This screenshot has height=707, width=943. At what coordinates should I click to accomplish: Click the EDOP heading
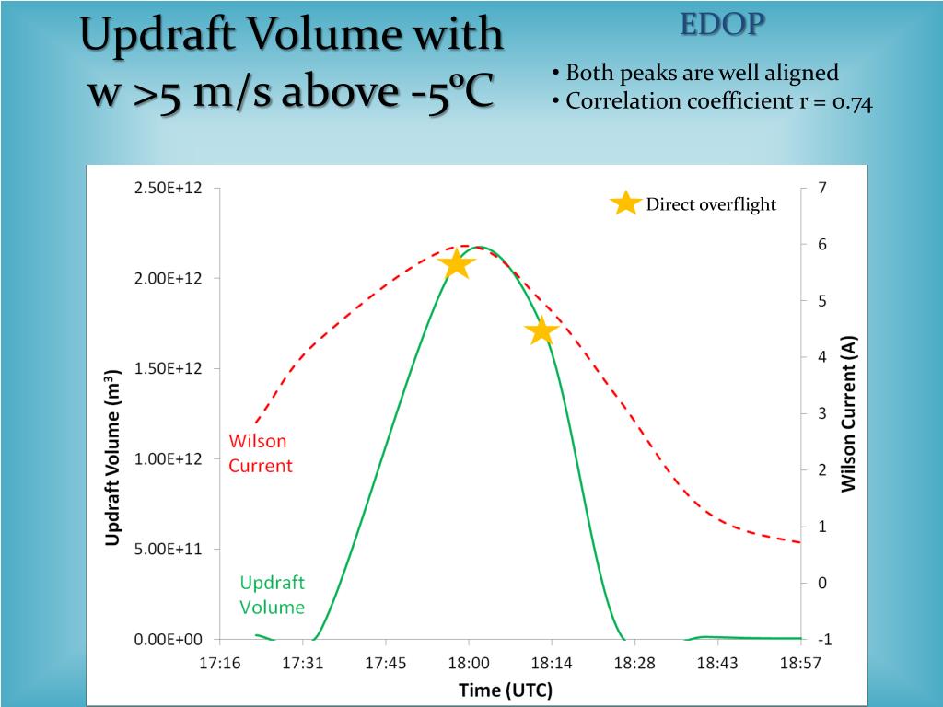click(x=722, y=25)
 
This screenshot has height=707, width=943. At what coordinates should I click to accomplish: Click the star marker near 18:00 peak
click(x=457, y=264)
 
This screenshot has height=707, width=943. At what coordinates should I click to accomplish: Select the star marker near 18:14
click(x=541, y=331)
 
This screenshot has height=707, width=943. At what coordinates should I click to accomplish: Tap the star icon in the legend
click(x=626, y=203)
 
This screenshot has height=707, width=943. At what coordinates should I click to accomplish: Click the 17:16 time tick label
click(x=219, y=663)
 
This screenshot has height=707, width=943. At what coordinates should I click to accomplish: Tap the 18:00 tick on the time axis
click(x=469, y=663)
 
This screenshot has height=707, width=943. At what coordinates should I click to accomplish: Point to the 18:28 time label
click(x=634, y=663)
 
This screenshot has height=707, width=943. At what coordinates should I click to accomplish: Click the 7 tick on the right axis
click(x=822, y=188)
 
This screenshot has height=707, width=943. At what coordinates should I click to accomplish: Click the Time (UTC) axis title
click(x=506, y=690)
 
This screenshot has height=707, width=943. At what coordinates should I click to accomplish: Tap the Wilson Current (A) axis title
click(x=849, y=413)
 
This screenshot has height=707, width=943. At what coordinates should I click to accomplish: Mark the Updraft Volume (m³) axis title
click(x=112, y=458)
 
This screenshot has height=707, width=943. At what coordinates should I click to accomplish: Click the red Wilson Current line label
click(x=260, y=453)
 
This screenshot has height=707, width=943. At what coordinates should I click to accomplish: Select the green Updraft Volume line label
click(x=272, y=595)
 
